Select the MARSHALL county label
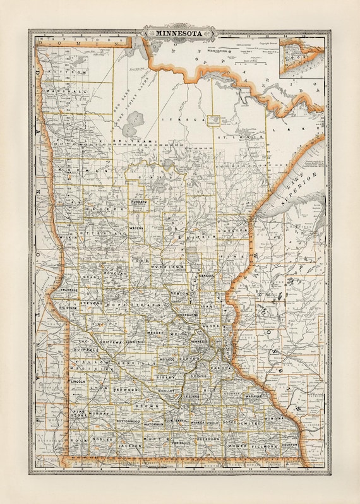click(71, 91)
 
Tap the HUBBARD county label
click(139, 201)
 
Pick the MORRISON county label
click(167, 267)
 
